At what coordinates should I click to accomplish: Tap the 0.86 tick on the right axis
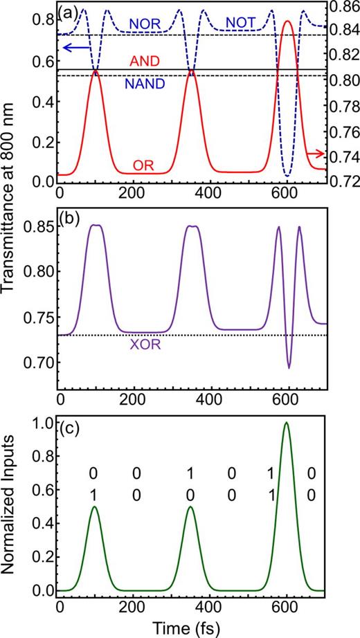343,8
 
